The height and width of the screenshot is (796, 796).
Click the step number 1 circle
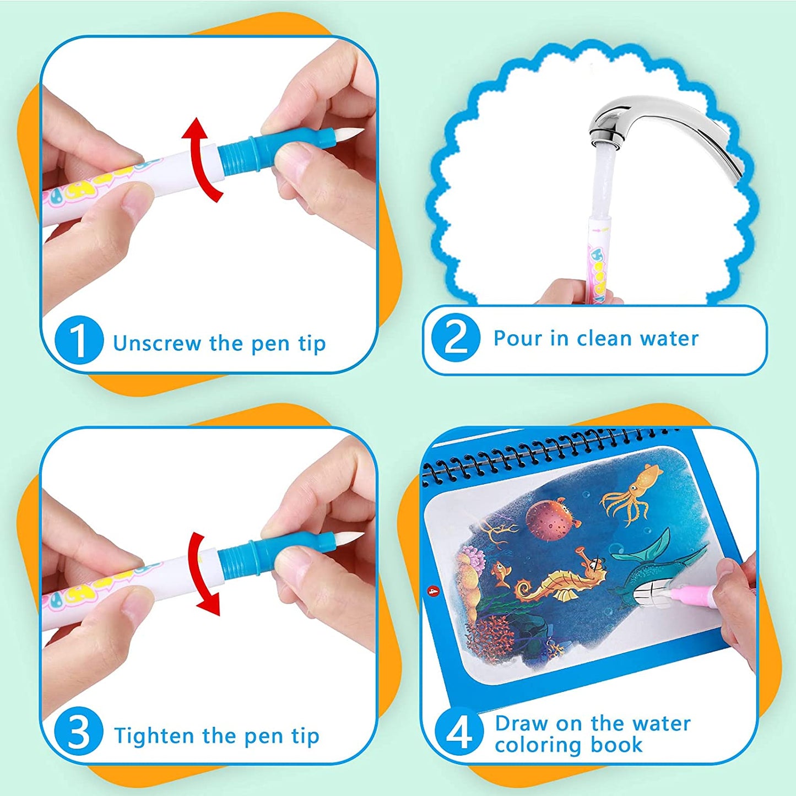pos(79,340)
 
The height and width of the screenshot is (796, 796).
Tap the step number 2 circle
pos(456,338)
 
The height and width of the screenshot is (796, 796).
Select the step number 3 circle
pos(78,732)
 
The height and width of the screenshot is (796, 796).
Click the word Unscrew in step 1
pos(157,343)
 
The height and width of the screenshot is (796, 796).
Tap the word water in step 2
pos(668,338)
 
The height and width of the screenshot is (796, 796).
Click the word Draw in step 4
pos(521,723)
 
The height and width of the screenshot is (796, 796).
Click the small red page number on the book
pos(433,591)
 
